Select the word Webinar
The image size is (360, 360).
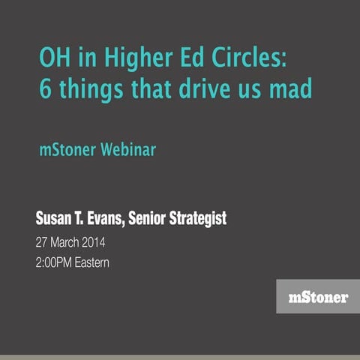click(128, 149)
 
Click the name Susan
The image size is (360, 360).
click(55, 220)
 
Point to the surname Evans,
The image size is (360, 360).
click(104, 220)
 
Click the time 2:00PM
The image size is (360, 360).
click(58, 264)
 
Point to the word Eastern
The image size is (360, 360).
click(103, 264)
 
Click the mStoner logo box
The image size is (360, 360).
click(317, 296)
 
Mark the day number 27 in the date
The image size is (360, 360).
click(42, 244)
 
